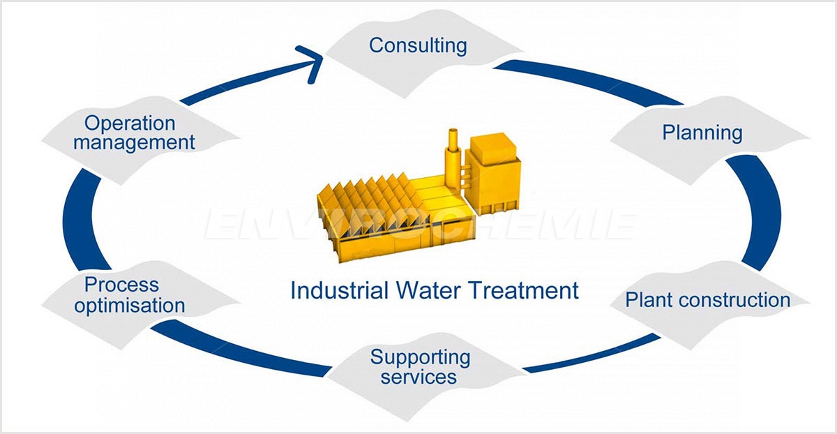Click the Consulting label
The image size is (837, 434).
click(418, 45)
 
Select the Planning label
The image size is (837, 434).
click(702, 133)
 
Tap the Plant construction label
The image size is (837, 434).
click(708, 300)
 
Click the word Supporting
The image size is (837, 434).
click(420, 358)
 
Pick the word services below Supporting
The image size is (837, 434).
click(418, 376)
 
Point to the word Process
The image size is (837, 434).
click(121, 285)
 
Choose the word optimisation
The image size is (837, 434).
click(130, 306)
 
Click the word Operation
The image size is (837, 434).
click(130, 124)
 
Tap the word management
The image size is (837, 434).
click(134, 142)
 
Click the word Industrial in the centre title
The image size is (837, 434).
click(339, 290)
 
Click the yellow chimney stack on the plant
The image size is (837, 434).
click(453, 157)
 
